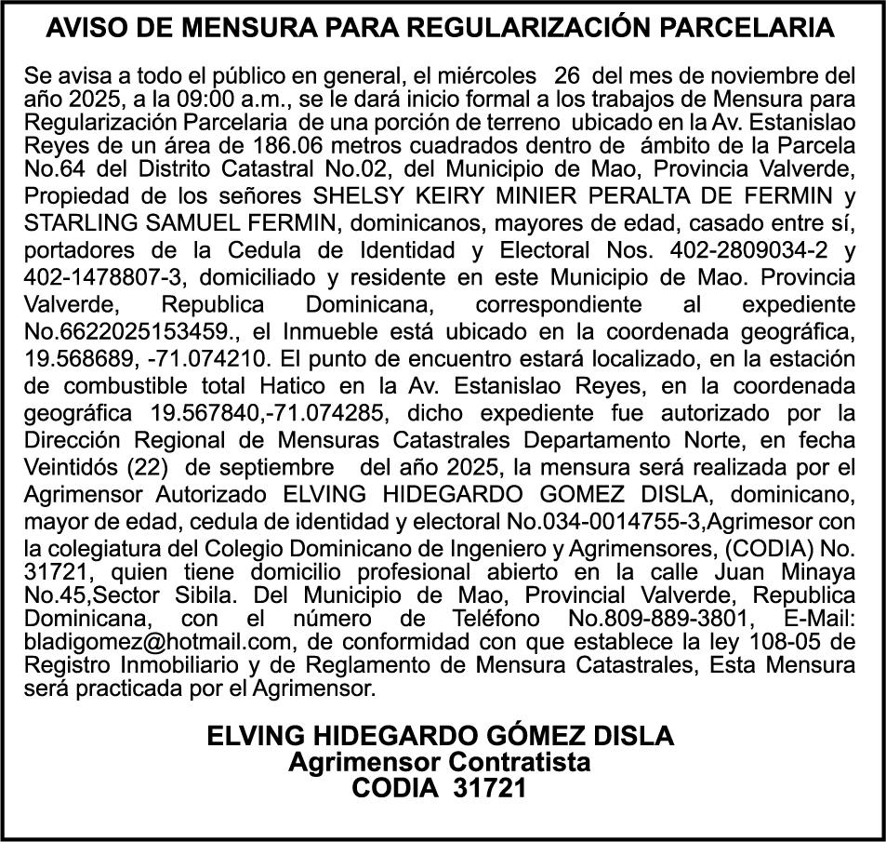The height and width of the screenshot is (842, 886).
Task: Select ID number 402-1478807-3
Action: [99, 276]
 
